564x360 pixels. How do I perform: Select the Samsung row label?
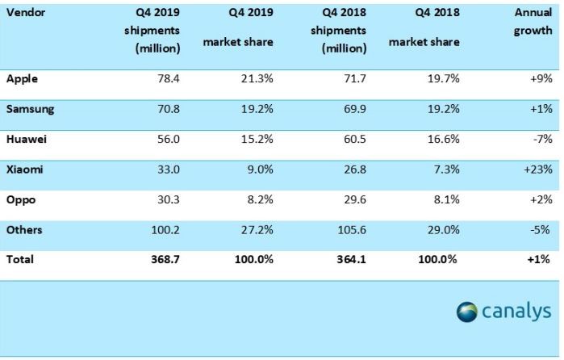(x=29, y=108)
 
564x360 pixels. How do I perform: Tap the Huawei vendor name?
(x=26, y=139)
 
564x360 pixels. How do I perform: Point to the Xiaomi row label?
(x=24, y=170)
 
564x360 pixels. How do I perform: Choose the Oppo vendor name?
(x=20, y=199)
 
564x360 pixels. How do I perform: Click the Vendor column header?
(x=24, y=15)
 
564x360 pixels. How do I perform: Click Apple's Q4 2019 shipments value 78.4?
(x=167, y=78)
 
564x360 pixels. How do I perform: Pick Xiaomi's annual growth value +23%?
(x=535, y=170)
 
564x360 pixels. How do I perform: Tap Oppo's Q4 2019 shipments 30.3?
(x=167, y=199)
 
